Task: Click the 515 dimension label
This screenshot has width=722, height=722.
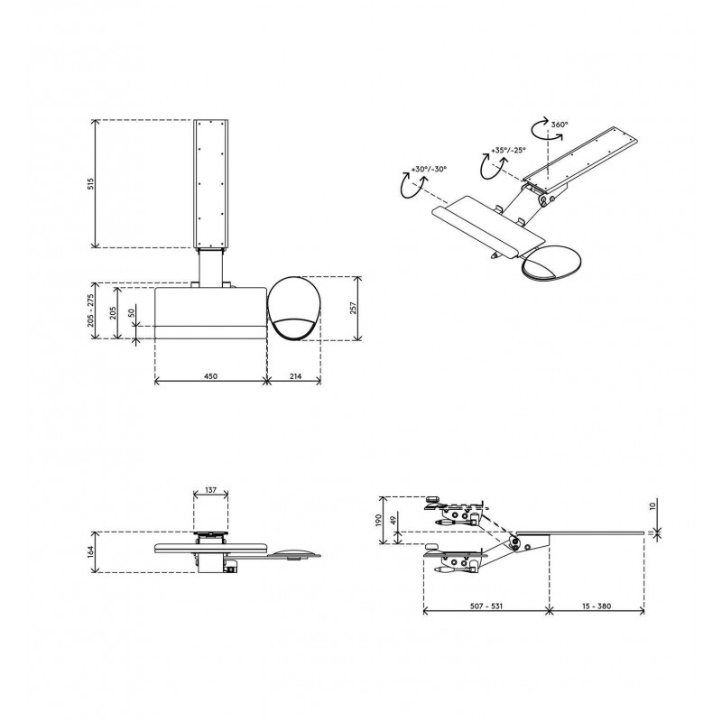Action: tap(91, 184)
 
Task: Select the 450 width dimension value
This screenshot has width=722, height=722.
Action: tap(210, 376)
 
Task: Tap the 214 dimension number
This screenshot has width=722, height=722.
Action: tap(295, 376)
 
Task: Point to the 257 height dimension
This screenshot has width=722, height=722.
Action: tap(353, 308)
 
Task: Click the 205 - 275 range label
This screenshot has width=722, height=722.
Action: tap(91, 310)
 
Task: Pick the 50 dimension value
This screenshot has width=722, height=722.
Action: tap(132, 312)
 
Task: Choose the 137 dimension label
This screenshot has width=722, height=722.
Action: tap(210, 490)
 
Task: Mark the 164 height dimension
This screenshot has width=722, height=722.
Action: tap(91, 552)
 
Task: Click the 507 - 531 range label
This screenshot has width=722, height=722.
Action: tap(486, 606)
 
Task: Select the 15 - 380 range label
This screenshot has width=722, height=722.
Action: tap(597, 606)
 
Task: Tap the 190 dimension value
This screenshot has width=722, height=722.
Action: tap(378, 521)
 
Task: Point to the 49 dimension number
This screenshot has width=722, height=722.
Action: tap(393, 521)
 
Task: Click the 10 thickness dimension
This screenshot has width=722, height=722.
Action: tap(652, 506)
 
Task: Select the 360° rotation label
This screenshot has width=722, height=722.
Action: tap(560, 125)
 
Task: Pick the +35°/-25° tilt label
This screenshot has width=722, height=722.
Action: tap(508, 150)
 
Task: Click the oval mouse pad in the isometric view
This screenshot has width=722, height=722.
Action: tap(551, 263)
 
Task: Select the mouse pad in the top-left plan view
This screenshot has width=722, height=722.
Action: tap(294, 309)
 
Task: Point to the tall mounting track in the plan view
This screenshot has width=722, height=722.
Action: tap(211, 184)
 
